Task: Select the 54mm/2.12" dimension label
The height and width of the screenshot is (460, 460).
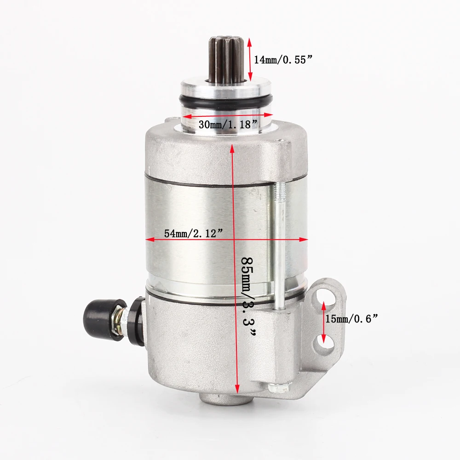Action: tap(194, 233)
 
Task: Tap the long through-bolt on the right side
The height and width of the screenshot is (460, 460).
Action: tap(279, 244)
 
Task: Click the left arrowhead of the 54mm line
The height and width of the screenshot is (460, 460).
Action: tap(149, 239)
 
